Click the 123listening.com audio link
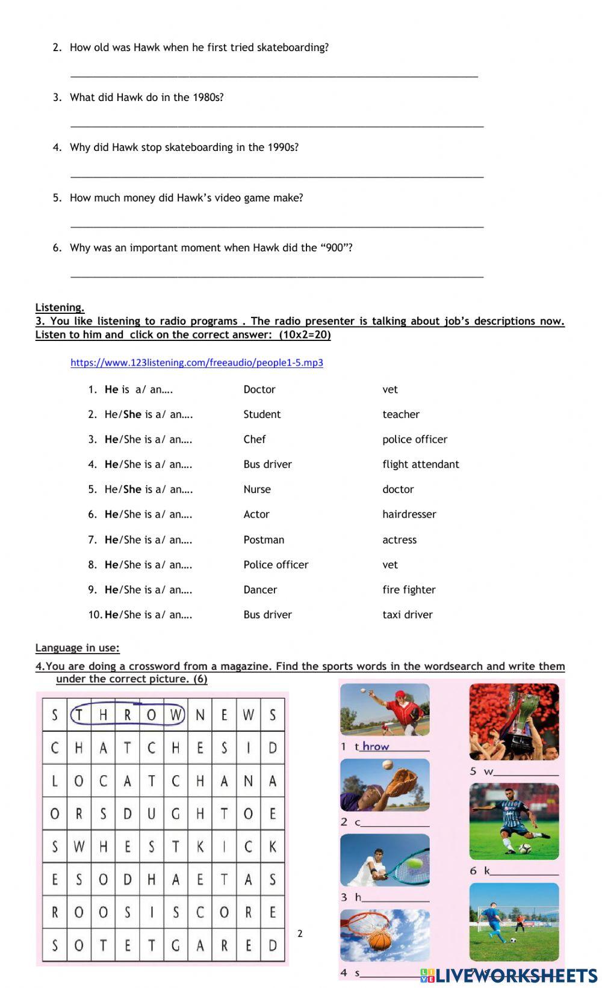point(197,363)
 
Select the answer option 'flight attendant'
point(420,464)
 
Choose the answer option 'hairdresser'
point(409,514)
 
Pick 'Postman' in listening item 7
point(264,540)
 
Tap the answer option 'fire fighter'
point(409,590)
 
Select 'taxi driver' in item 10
point(408,615)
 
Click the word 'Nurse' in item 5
point(257,489)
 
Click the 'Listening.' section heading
point(60,307)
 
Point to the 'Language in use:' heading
point(77,648)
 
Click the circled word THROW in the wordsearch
point(127,715)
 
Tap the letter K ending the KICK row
point(273,847)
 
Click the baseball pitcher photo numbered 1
point(385,710)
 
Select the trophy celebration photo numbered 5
point(514,722)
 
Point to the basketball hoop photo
point(385,935)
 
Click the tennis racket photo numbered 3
point(385,860)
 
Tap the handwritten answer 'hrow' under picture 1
point(376,746)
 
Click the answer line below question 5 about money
point(277,226)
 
